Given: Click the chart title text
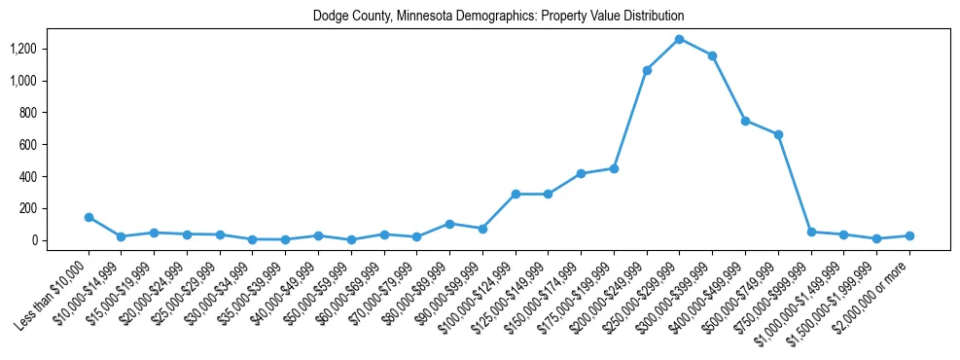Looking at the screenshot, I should click(498, 17).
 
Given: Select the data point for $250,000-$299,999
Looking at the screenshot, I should click(679, 39).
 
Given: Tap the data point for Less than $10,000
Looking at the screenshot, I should click(89, 217).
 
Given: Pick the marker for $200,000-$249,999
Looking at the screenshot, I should click(647, 70).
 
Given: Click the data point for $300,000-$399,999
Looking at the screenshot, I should click(712, 55).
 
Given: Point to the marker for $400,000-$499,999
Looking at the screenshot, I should click(745, 121).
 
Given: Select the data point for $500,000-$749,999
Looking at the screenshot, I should click(778, 134).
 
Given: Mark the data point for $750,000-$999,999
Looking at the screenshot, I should click(810, 232).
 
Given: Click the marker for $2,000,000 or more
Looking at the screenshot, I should click(909, 235).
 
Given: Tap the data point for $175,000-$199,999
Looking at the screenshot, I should click(614, 168).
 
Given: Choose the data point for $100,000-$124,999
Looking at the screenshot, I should click(516, 194).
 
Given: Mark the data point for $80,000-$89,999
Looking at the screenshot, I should click(449, 224).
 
